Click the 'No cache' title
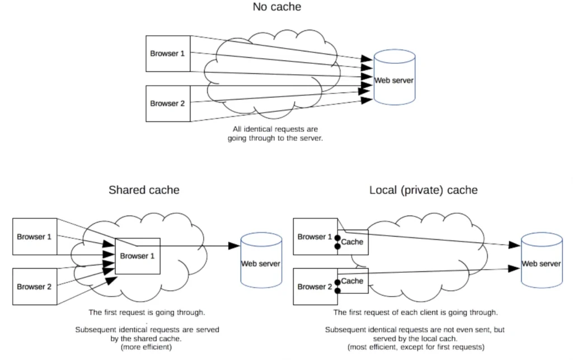(277, 7)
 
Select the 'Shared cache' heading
(144, 190)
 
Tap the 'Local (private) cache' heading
(423, 190)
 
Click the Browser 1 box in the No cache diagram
(168, 53)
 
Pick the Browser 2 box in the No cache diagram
(168, 104)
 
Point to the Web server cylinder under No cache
(394, 77)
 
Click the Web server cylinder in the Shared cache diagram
(261, 260)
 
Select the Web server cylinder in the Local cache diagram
(542, 260)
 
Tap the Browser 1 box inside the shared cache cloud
(138, 256)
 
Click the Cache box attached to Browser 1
(353, 242)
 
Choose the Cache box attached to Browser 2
(353, 280)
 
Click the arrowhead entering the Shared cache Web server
(234, 246)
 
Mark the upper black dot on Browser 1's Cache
(337, 238)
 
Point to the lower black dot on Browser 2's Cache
(337, 291)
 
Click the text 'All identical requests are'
(275, 129)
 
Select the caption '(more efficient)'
(146, 347)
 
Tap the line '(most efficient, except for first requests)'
(416, 347)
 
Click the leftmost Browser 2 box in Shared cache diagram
(35, 287)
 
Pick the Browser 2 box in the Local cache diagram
(316, 287)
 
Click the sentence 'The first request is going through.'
(147, 312)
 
